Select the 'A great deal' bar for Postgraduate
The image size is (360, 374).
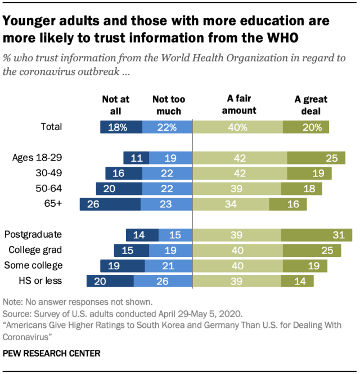[x=317, y=235]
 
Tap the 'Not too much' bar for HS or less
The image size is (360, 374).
[x=163, y=280]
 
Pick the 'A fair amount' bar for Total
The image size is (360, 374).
[x=238, y=127]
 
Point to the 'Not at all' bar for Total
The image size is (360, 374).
[x=121, y=127]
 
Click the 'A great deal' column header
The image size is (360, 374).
[x=311, y=105]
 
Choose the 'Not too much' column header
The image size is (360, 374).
[x=168, y=105]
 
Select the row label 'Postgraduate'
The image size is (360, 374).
[x=32, y=235]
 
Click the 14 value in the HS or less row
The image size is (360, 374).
[x=296, y=280]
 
